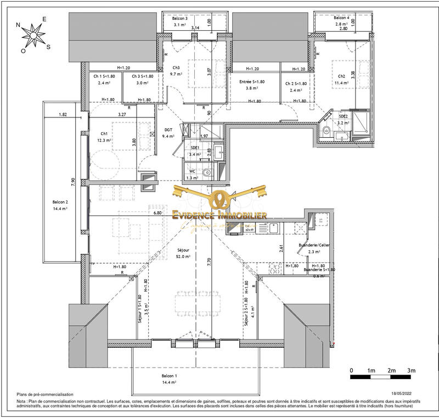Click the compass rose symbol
[x=34, y=36]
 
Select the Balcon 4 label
[x=342, y=21]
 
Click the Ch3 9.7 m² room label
[x=176, y=70]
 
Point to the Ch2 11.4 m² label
[x=341, y=80]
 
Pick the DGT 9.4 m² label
[x=169, y=133]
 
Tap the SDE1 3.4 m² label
[x=195, y=151]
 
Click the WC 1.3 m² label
[x=192, y=174]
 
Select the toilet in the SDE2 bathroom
[x=326, y=131]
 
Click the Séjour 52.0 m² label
[x=183, y=253]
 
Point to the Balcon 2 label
[x=60, y=205]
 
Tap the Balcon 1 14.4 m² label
[x=168, y=379]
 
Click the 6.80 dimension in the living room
[x=157, y=213]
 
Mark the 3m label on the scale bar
[x=411, y=371]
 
